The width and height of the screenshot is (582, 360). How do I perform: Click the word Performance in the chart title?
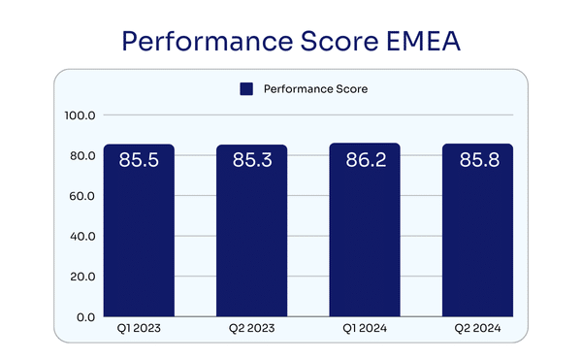pyautogui.click(x=208, y=41)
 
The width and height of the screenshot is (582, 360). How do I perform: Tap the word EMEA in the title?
pyautogui.click(x=423, y=41)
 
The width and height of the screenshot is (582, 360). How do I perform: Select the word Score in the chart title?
pyautogui.click(x=339, y=41)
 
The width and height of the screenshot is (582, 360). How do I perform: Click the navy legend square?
pyautogui.click(x=246, y=89)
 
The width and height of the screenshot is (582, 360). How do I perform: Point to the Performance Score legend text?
pyautogui.click(x=315, y=89)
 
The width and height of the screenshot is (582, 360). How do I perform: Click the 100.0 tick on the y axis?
pyautogui.click(x=80, y=115)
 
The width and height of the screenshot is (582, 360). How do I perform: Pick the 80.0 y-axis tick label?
pyautogui.click(x=82, y=156)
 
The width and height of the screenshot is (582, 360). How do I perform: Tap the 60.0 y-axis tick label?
pyautogui.click(x=82, y=196)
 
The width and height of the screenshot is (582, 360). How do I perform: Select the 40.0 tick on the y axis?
pyautogui.click(x=82, y=237)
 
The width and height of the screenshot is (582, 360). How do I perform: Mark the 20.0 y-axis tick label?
pyautogui.click(x=82, y=277)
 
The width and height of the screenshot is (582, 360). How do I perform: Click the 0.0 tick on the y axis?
pyautogui.click(x=85, y=317)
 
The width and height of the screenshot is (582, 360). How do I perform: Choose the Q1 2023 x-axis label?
pyautogui.click(x=139, y=328)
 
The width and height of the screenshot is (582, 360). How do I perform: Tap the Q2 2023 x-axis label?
pyautogui.click(x=251, y=328)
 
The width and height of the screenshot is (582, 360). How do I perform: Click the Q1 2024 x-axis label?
pyautogui.click(x=365, y=328)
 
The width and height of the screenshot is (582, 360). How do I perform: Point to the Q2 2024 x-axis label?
pyautogui.click(x=477, y=328)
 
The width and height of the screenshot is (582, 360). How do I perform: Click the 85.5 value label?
pyautogui.click(x=139, y=160)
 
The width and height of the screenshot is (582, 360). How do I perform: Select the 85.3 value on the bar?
pyautogui.click(x=252, y=160)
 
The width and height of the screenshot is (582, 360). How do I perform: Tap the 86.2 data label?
pyautogui.click(x=366, y=160)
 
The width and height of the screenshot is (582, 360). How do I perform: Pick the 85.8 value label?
pyautogui.click(x=479, y=160)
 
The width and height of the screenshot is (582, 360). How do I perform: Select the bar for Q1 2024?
pyautogui.click(x=365, y=230)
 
